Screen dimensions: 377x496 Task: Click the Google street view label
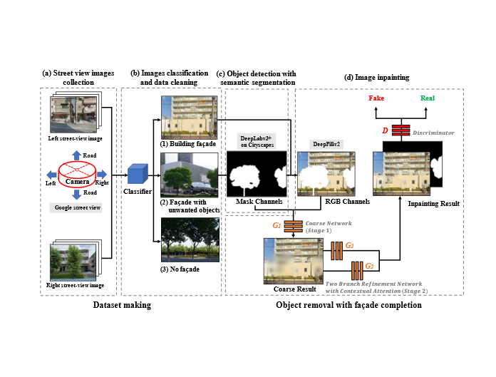coord(78,207)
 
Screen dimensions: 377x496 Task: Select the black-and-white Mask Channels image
coord(256,174)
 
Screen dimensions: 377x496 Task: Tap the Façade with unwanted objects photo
coord(188,181)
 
